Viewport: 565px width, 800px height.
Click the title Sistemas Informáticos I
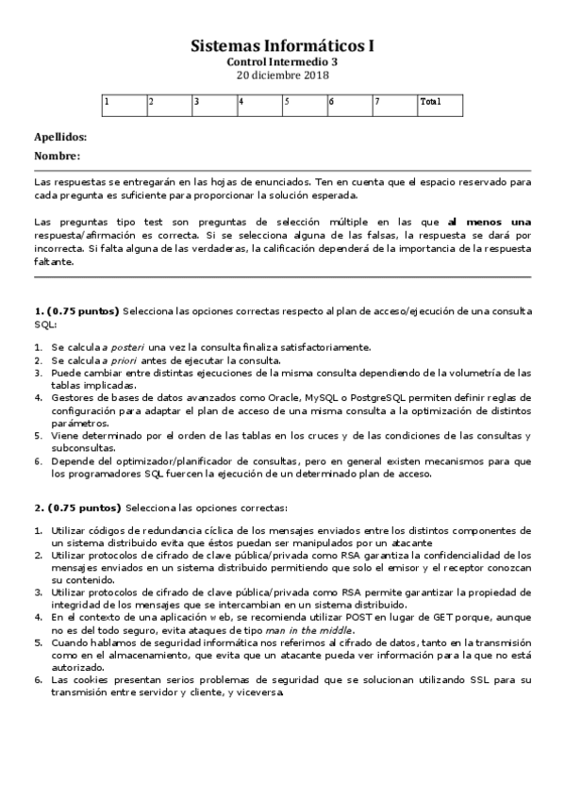tap(282, 45)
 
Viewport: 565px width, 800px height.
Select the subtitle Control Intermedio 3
tap(282, 61)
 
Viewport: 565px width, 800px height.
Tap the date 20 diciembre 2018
tap(282, 75)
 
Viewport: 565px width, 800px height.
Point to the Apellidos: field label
tap(60, 137)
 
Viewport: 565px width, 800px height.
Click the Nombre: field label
tap(57, 156)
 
